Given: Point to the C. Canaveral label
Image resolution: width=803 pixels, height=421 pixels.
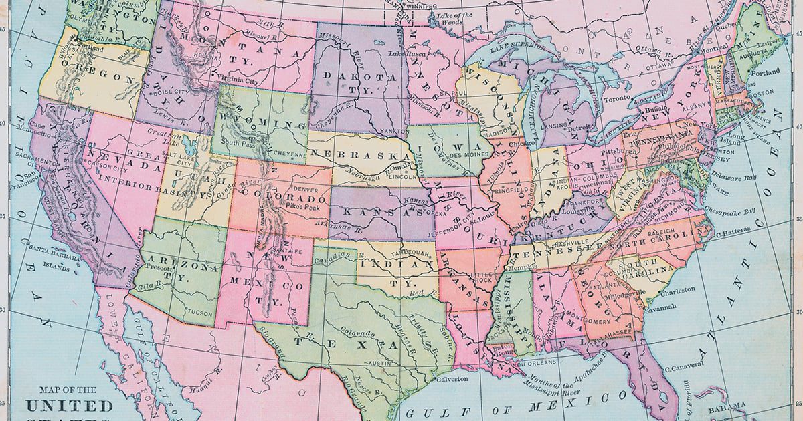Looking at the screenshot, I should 685,364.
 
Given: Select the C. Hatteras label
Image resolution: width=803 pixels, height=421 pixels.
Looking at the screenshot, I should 735,233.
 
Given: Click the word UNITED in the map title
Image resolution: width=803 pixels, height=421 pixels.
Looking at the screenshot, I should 70,406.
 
